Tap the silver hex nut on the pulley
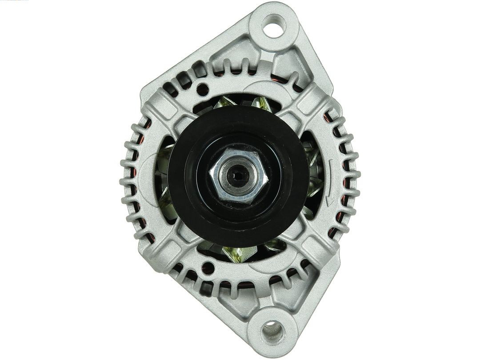click(x=238, y=176)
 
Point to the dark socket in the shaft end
click(x=238, y=175)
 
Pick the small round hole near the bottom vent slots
click(x=208, y=268)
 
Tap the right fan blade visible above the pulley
click(x=262, y=103)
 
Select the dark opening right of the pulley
click(x=313, y=178)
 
